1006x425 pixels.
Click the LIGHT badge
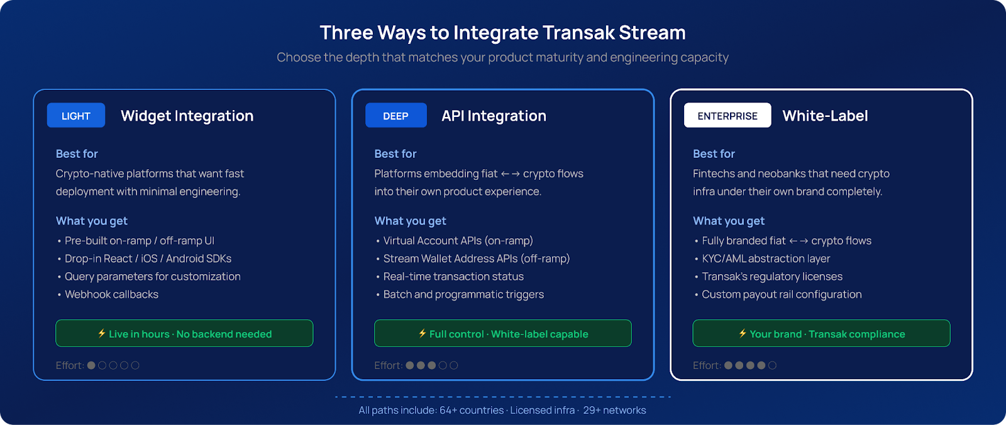[x=76, y=116]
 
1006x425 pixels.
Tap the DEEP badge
[x=395, y=116]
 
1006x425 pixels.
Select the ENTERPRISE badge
[x=727, y=116]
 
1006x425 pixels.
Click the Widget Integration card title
[x=187, y=116]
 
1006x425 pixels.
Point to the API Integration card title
[x=494, y=116]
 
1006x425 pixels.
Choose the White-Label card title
[x=825, y=116]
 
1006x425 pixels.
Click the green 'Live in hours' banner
[x=184, y=333]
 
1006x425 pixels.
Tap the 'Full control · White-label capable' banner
[x=503, y=333]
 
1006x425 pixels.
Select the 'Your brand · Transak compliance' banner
[x=821, y=333]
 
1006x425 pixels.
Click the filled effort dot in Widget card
[x=91, y=366]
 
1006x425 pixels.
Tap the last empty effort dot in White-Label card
[x=772, y=366]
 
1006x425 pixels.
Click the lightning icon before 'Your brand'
[x=743, y=333]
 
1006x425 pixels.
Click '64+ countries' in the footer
[x=472, y=410]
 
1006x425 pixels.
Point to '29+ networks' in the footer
[x=614, y=410]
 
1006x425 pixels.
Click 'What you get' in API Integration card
[x=410, y=221]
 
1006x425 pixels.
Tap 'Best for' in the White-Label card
[x=714, y=153]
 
